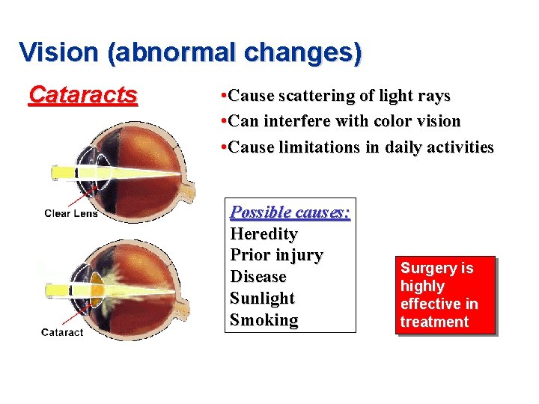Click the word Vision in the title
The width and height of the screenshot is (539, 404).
click(x=58, y=52)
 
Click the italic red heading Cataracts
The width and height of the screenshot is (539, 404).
click(x=82, y=95)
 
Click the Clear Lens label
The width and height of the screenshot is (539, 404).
click(x=71, y=213)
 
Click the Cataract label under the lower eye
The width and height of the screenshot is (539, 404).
click(x=62, y=332)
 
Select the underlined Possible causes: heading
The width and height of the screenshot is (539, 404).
click(x=290, y=212)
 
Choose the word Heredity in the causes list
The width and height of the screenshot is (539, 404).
click(x=264, y=234)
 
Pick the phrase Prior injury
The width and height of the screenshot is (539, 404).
click(x=276, y=255)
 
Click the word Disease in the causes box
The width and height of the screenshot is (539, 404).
click(x=258, y=277)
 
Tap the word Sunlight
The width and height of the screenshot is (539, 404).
click(x=262, y=299)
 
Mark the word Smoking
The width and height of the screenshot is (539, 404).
click(x=264, y=320)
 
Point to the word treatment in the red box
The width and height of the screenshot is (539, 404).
click(x=434, y=322)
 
